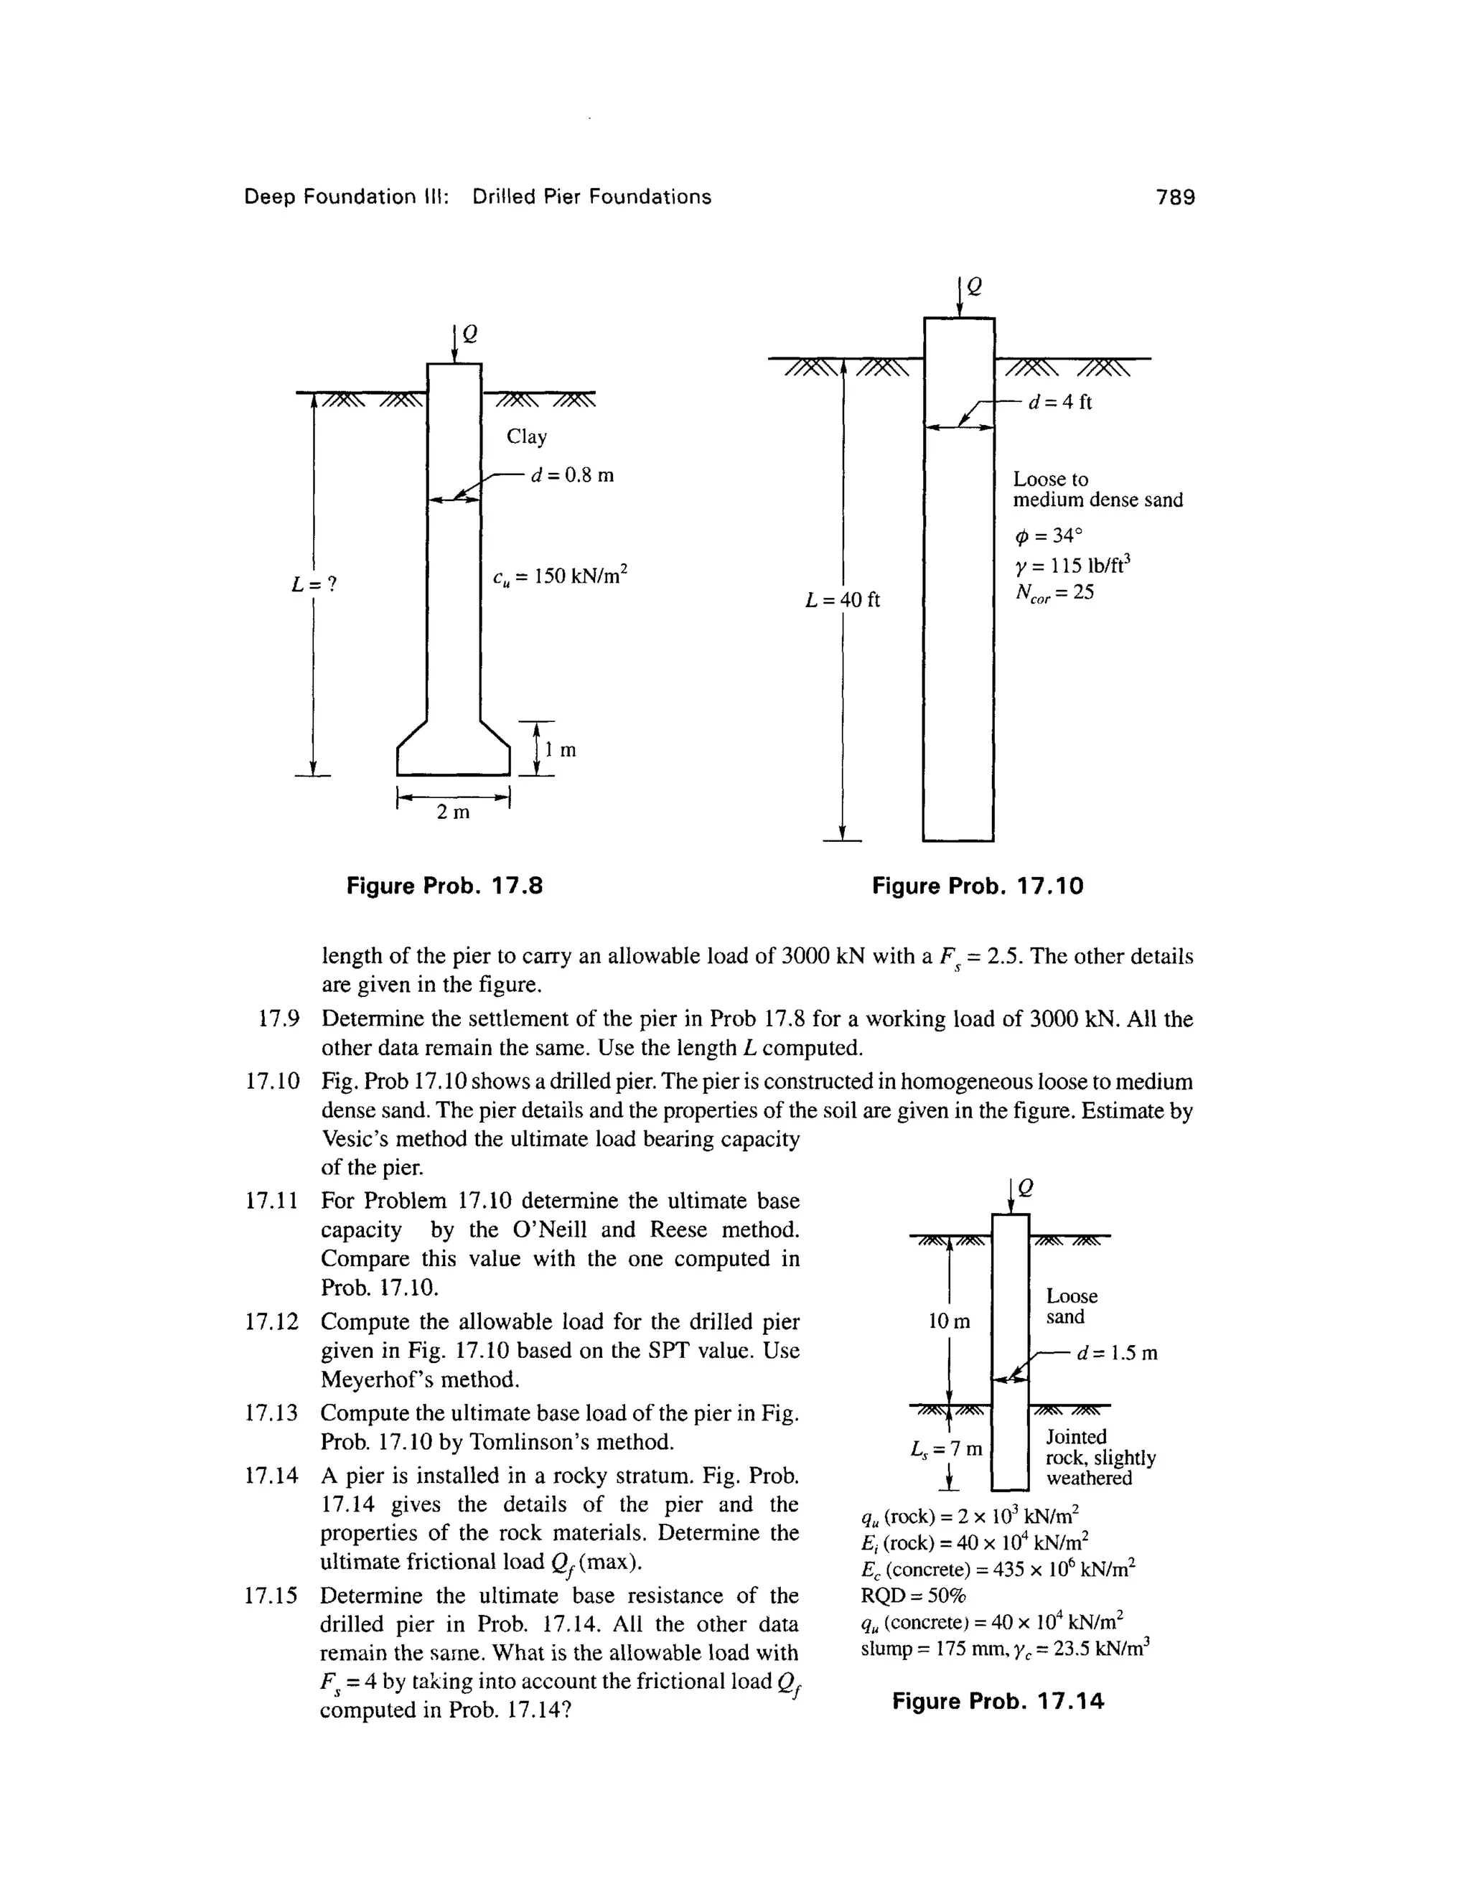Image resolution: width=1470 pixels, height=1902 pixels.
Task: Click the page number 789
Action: (1175, 197)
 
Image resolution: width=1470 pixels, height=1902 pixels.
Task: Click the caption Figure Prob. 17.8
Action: (444, 886)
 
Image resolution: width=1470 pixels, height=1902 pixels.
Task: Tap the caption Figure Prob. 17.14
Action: (998, 1701)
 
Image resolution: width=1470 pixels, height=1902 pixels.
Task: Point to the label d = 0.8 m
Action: (572, 475)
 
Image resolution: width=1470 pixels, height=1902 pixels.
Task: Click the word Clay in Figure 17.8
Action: (527, 436)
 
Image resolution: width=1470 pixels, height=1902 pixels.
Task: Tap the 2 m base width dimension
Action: (453, 812)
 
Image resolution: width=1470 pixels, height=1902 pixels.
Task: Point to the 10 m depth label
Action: (948, 1321)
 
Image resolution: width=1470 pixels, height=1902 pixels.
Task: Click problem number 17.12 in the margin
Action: (272, 1321)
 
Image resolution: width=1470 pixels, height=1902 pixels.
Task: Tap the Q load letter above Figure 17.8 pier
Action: (469, 334)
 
